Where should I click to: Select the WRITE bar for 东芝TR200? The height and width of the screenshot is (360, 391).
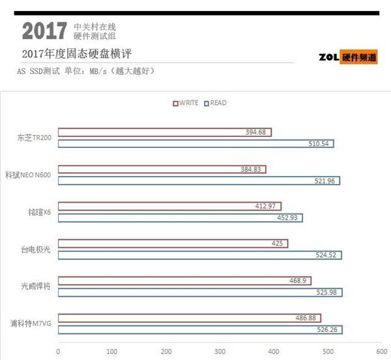coord(164,132)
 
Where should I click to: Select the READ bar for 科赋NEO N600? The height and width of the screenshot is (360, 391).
coord(199,181)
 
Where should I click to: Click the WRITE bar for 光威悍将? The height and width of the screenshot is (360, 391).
coord(184,281)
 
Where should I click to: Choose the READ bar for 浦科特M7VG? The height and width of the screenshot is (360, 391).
coord(200,329)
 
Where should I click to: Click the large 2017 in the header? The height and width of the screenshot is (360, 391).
coord(44,31)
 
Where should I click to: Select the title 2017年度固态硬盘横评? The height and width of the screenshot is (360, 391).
coord(66,54)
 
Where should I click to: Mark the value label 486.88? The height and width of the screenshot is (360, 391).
coord(304,318)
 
